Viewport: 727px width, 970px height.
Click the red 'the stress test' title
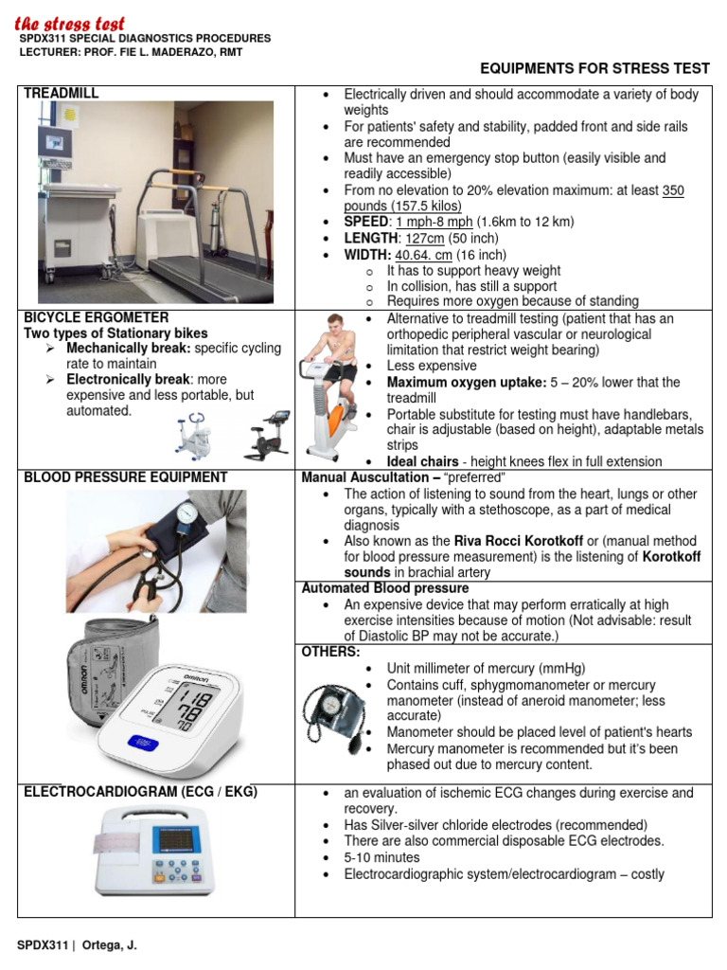click(69, 22)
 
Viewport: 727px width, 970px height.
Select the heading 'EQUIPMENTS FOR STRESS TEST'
click(594, 68)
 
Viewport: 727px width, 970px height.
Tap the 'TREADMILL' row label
click(61, 93)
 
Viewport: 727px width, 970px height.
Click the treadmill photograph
click(155, 201)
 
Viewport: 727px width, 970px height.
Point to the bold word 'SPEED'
click(365, 222)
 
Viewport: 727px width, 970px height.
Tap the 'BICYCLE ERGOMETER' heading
click(96, 316)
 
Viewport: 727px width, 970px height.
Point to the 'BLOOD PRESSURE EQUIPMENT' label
click(125, 477)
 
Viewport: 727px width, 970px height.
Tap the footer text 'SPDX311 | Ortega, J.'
click(77, 945)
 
